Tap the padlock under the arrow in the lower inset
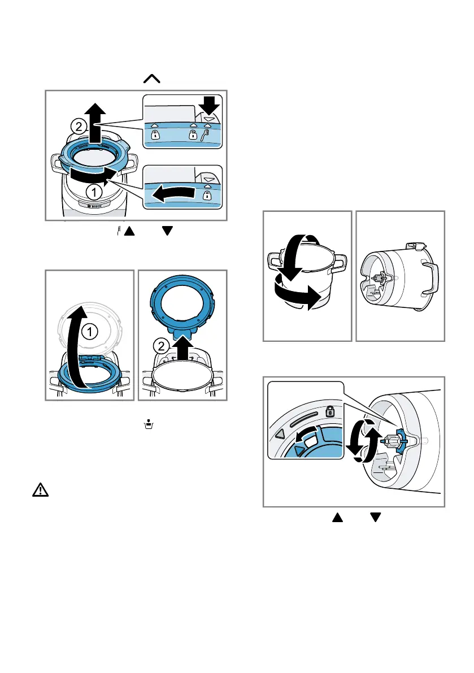[x=207, y=195]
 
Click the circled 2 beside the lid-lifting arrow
[x=80, y=126]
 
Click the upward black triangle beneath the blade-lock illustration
[x=337, y=516]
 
